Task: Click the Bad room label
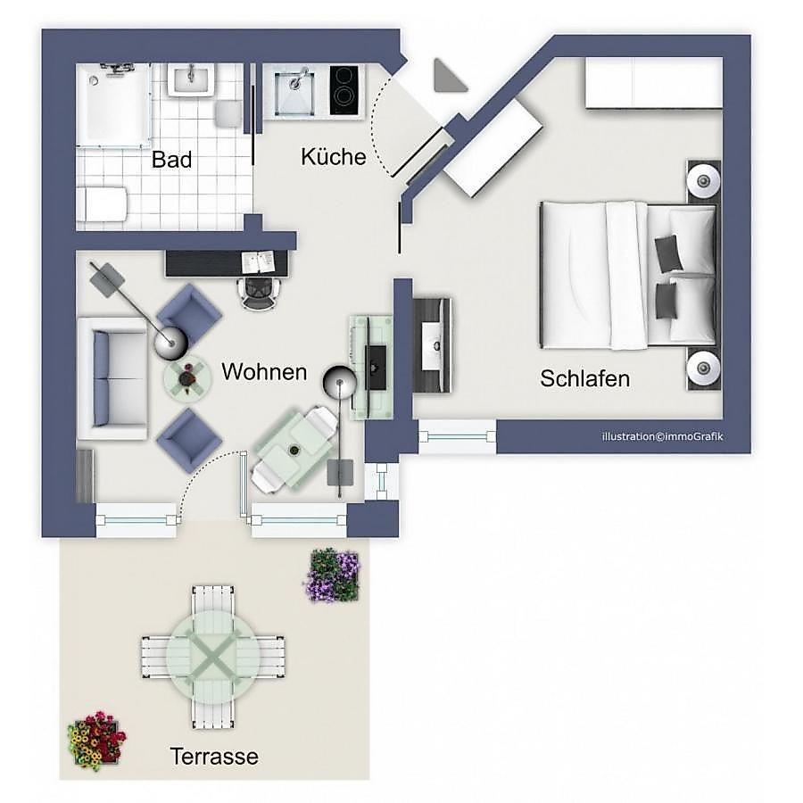(x=171, y=160)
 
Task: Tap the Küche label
(x=334, y=157)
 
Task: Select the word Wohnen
(x=264, y=372)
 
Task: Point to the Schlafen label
(x=584, y=379)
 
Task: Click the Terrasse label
(x=214, y=757)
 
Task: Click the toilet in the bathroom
(x=102, y=203)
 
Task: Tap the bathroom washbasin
(x=191, y=79)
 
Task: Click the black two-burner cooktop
(x=344, y=91)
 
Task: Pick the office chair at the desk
(x=260, y=294)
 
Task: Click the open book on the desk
(x=258, y=261)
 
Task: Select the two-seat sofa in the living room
(x=112, y=378)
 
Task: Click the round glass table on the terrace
(x=213, y=657)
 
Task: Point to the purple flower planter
(x=334, y=575)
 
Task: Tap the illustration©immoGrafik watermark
(x=662, y=437)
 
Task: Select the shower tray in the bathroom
(x=112, y=105)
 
